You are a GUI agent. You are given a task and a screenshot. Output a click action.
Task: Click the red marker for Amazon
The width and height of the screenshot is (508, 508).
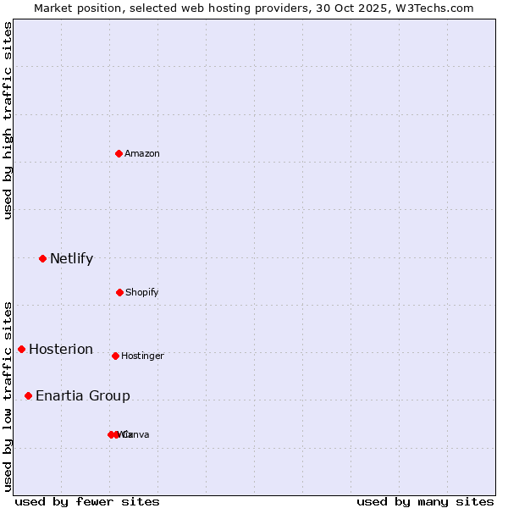pyautogui.click(x=119, y=153)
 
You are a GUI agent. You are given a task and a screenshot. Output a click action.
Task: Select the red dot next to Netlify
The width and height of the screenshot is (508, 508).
pyautogui.click(x=42, y=258)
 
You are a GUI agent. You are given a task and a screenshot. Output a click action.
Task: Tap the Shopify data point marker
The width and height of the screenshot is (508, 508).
pyautogui.click(x=119, y=292)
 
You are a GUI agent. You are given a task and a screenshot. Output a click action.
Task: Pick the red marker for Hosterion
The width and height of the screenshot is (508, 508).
pyautogui.click(x=21, y=349)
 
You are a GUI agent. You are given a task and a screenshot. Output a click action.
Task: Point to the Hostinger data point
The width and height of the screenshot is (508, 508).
pyautogui.click(x=115, y=356)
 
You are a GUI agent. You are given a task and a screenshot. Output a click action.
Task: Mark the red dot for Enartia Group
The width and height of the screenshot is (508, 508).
pyautogui.click(x=28, y=395)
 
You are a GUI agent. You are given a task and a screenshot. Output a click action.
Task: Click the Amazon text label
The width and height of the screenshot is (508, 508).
pyautogui.click(x=142, y=153)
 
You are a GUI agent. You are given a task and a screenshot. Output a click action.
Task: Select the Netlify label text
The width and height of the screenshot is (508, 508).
pyautogui.click(x=71, y=258)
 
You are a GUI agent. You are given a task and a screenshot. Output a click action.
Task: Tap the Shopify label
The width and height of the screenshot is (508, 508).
pyautogui.click(x=142, y=292)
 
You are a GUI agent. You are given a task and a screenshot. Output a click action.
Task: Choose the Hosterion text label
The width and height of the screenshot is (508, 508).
pyautogui.click(x=61, y=349)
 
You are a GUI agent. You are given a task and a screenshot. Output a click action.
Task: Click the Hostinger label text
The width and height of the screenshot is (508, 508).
pyautogui.click(x=142, y=356)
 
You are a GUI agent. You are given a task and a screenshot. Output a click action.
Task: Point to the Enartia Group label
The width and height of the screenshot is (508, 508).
pyautogui.click(x=83, y=395)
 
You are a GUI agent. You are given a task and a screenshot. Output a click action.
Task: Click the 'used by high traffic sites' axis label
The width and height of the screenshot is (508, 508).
pyautogui.click(x=8, y=120)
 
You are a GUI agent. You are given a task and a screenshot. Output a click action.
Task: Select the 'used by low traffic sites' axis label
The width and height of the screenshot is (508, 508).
pyautogui.click(x=8, y=395)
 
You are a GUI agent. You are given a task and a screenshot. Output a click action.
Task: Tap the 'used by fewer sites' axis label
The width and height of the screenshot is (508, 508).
pyautogui.click(x=87, y=501)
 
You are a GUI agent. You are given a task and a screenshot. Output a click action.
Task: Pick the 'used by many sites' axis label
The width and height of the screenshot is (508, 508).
pyautogui.click(x=425, y=501)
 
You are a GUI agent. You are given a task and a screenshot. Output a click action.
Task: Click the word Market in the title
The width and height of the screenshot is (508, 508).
pyautogui.click(x=52, y=8)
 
